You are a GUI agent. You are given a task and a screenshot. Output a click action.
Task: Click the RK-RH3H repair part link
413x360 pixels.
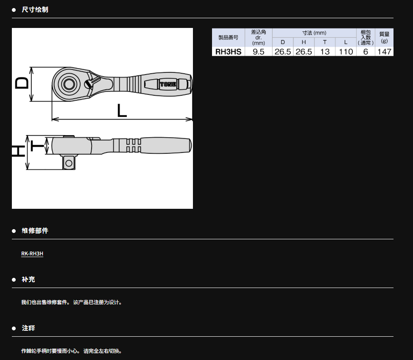[32, 253]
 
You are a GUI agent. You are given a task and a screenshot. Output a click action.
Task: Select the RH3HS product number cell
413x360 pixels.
[229, 52]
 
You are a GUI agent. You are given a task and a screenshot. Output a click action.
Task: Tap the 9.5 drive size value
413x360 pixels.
[258, 52]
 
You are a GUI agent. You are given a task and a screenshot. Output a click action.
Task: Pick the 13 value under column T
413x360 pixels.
[325, 52]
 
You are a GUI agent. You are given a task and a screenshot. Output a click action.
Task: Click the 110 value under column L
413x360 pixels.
[346, 52]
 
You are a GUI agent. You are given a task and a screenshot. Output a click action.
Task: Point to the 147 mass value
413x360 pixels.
[384, 52]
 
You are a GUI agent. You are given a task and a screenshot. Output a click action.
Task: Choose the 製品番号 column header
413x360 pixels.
[229, 38]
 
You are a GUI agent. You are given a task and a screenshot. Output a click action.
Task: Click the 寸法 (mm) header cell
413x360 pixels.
[314, 33]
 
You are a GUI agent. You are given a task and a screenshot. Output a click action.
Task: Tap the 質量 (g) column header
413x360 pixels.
[384, 38]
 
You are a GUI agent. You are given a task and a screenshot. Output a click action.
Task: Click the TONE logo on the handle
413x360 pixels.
[168, 84]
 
